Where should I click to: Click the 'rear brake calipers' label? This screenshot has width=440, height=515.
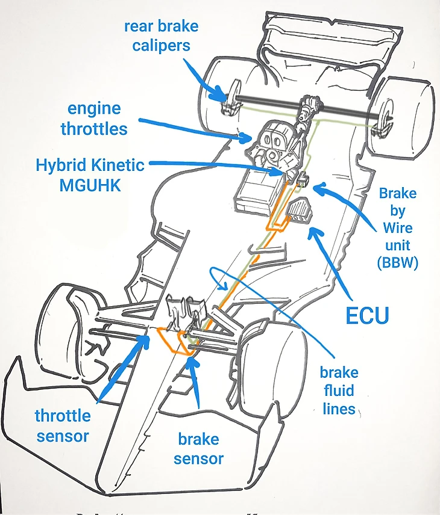pyautogui.click(x=161, y=35)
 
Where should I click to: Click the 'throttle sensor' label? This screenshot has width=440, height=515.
pyautogui.click(x=63, y=425)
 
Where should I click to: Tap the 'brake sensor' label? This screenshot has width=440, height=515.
pyautogui.click(x=199, y=448)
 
